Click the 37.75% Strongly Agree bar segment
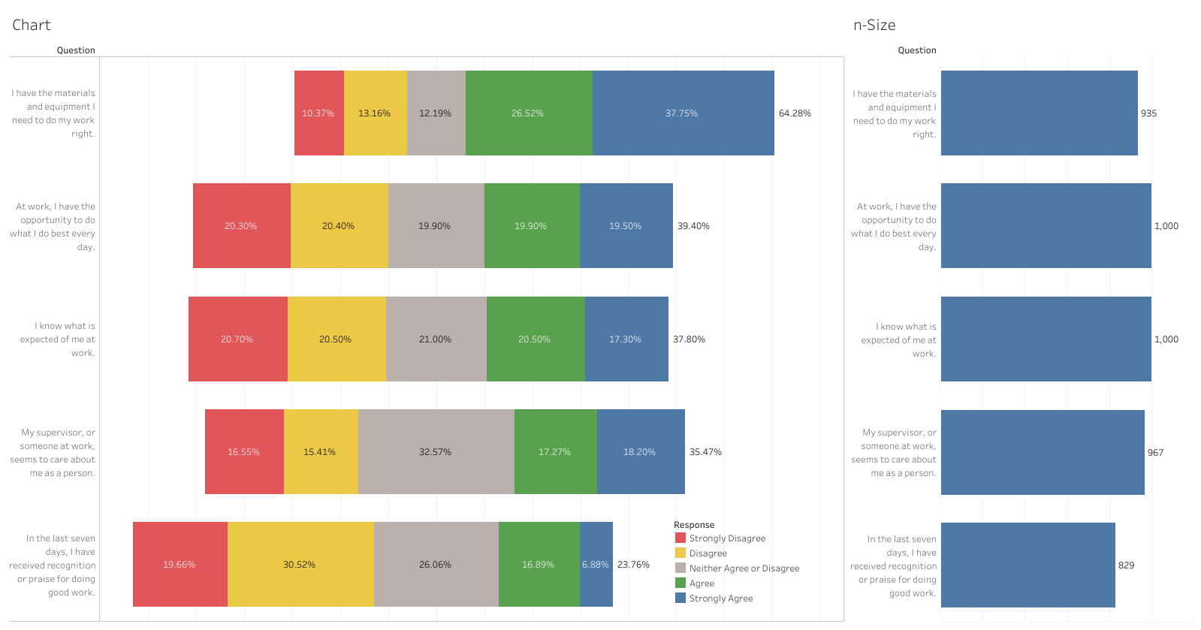[683, 113]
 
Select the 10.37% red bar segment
[318, 113]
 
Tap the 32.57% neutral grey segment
[436, 452]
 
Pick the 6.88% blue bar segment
[596, 565]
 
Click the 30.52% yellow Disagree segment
[300, 565]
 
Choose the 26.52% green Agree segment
[528, 113]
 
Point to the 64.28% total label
[795, 113]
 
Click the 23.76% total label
[633, 565]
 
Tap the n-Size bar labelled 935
[1039, 113]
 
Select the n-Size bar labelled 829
[1027, 565]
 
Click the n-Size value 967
[1155, 453]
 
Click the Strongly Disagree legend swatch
[680, 538]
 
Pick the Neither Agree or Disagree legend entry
[744, 568]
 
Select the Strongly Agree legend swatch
[680, 598]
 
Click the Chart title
[32, 25]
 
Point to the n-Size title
[874, 25]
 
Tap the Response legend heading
[694, 525]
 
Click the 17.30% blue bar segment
[626, 339]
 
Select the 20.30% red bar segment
[241, 226]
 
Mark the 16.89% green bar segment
[539, 565]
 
